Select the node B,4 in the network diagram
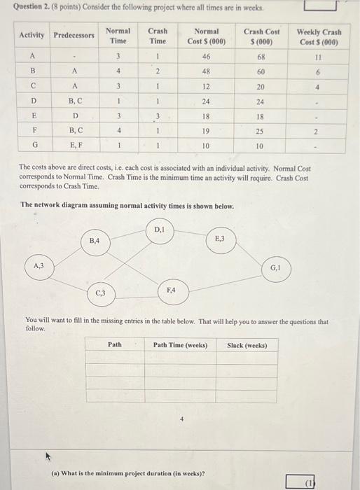click(x=95, y=241)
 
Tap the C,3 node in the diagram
click(x=101, y=293)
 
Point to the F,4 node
click(x=172, y=290)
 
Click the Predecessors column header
click(x=74, y=35)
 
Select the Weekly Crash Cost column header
click(x=319, y=36)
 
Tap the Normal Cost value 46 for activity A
click(x=206, y=56)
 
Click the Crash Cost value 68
click(x=261, y=56)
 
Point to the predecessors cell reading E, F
click(x=74, y=146)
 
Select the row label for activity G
click(x=32, y=146)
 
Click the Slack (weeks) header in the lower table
click(x=247, y=345)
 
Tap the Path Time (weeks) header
click(x=181, y=345)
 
